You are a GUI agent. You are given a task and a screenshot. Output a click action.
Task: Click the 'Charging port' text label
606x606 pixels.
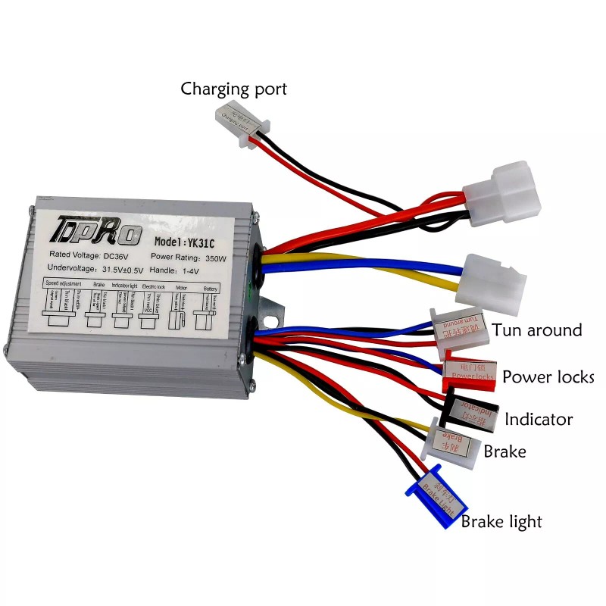tap(233, 89)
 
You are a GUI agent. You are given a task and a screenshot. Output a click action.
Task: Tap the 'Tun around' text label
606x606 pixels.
tap(537, 330)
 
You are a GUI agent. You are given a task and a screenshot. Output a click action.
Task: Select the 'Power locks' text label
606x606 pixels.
tap(548, 376)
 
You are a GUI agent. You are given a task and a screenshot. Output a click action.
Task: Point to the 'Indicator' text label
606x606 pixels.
tap(539, 419)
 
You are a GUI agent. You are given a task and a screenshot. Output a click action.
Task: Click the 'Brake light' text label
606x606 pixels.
tap(501, 521)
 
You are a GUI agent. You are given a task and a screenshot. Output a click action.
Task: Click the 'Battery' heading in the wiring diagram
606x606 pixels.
tap(211, 289)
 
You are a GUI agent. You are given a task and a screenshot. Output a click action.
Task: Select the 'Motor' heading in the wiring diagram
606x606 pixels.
tap(181, 288)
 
